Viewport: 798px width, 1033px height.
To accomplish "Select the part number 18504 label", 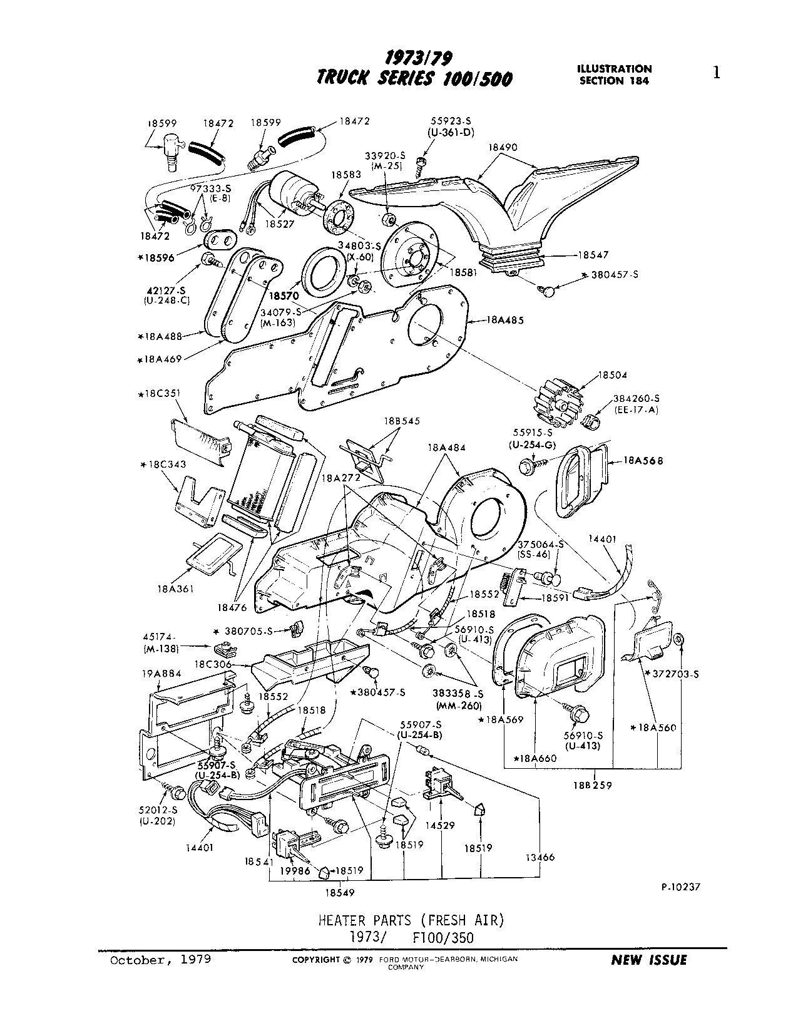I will pos(612,375).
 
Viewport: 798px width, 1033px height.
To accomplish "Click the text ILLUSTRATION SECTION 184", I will pos(615,75).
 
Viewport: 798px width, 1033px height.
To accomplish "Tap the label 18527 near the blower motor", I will pos(278,223).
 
